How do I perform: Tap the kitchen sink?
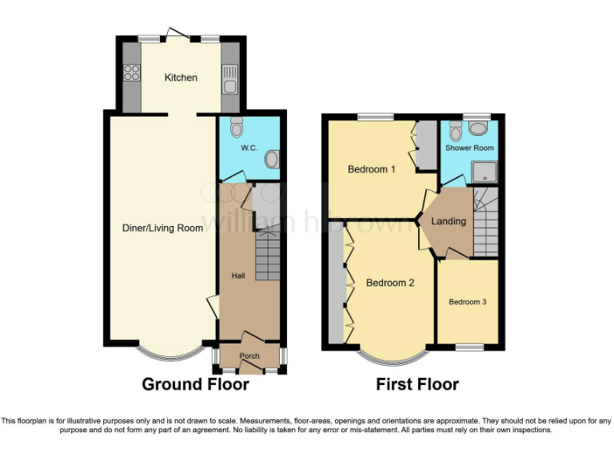(229, 81)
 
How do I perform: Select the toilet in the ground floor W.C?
(236, 127)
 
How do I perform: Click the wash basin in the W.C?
(272, 161)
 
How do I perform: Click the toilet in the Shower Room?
(455, 130)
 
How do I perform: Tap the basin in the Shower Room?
(480, 128)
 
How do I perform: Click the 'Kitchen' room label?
(181, 77)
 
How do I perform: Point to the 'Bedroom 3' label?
(467, 302)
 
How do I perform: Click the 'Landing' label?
(448, 221)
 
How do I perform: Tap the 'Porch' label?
(249, 356)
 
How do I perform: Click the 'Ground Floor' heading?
(195, 384)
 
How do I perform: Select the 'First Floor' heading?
(417, 384)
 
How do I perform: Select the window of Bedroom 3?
(470, 347)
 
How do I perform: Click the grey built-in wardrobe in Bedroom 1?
(426, 145)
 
